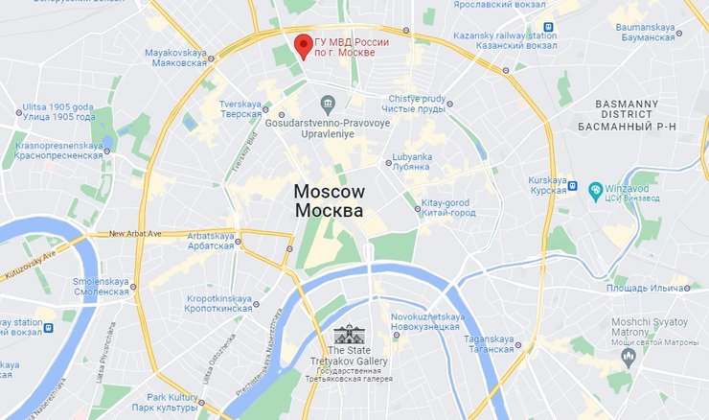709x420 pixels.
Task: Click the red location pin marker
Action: point(303,45)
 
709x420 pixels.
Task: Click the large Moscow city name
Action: point(329,200)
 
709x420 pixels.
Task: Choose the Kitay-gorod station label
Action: point(448,207)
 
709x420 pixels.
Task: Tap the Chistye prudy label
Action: point(419,105)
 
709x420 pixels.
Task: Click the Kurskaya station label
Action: point(550,184)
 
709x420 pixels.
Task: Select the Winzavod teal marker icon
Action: point(596,190)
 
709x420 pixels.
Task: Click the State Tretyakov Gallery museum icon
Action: point(349,336)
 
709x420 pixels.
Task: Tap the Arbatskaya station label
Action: point(211,241)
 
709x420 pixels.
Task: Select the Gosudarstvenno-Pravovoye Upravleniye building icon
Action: point(329,104)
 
